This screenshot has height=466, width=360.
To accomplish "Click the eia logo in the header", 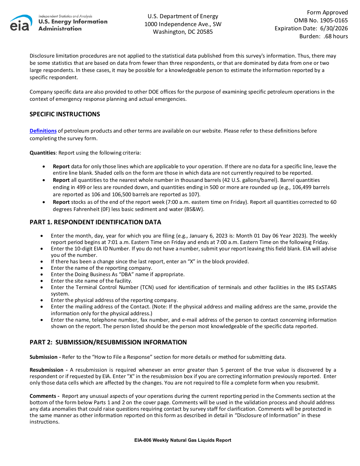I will coord(21,23).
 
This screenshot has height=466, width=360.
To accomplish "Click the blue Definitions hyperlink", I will coord(43,131).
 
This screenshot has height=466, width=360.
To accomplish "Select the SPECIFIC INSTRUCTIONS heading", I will coord(65,114).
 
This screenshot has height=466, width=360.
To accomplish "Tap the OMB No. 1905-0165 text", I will coord(321,20).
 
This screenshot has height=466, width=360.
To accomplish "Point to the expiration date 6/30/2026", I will coord(334,28).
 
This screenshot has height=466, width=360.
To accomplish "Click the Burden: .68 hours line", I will coord(323,36).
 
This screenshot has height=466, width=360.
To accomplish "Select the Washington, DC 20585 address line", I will coord(183,32).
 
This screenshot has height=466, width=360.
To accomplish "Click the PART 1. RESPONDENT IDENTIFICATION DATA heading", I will coord(95,222).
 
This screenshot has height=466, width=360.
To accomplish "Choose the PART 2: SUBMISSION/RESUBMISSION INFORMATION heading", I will coord(108,342).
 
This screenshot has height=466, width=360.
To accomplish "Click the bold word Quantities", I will coord(42,153).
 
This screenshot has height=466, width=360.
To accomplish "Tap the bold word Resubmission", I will coord(47,370).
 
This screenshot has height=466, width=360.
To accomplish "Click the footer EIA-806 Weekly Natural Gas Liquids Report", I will coord(183,440).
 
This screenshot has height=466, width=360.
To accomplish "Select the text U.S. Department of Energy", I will coord(183,16).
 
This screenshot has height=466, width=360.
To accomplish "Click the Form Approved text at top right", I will coord(327,13).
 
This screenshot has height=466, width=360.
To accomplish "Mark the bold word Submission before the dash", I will coord(44,357).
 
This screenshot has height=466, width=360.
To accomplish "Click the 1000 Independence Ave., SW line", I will coord(183,24).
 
